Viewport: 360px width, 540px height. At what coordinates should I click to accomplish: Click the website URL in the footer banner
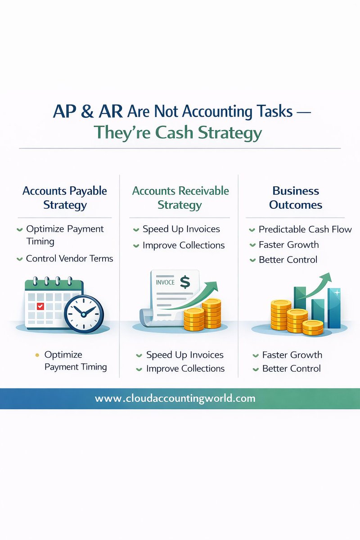point(175,398)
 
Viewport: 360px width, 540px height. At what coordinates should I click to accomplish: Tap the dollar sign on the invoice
point(184,282)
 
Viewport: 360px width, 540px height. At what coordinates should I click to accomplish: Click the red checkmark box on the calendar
point(40,306)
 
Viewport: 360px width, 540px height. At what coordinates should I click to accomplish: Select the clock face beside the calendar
point(84,314)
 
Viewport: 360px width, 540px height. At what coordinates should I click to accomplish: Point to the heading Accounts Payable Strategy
point(65,198)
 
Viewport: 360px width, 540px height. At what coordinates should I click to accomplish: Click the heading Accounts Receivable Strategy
point(180,198)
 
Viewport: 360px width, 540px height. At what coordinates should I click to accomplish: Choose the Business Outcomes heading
point(296,198)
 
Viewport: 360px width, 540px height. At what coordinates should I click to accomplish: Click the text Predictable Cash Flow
point(305,229)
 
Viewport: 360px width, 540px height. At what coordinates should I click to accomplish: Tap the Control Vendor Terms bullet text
point(69,258)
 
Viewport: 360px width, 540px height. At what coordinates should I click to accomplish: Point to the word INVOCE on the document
point(165,283)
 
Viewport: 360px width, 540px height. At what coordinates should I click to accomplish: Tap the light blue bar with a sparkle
point(334,308)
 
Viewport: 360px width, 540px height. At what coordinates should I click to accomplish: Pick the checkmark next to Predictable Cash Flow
point(252,230)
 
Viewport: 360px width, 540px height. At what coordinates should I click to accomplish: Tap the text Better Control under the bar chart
point(291,369)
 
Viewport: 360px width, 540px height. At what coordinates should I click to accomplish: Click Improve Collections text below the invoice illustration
point(185,369)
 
